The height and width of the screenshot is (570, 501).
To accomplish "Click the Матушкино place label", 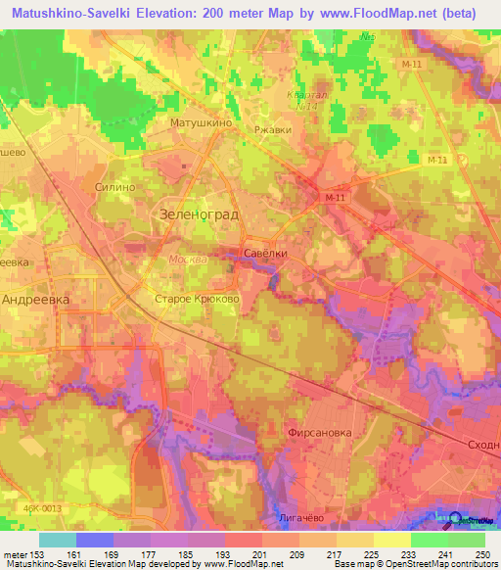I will [200, 124].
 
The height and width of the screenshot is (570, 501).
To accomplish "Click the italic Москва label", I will [187, 260].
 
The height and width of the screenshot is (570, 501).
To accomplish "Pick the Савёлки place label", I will [265, 253].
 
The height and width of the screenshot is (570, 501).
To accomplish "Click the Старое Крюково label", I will [197, 299].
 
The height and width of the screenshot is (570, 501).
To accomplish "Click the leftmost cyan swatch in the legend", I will [58, 540].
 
